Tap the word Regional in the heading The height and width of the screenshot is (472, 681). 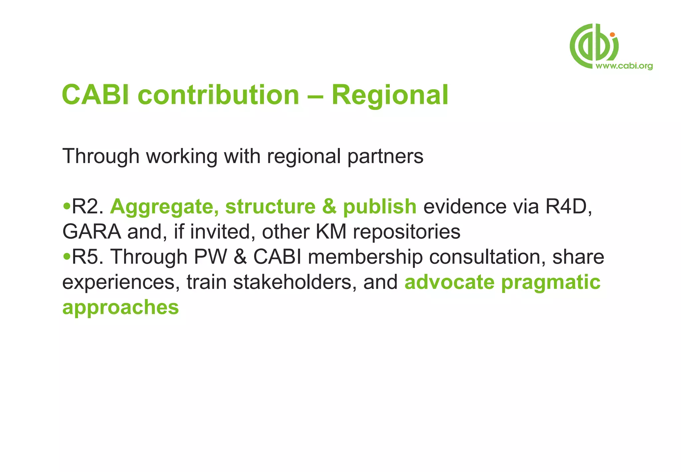(x=390, y=95)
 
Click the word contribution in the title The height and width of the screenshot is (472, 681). (x=218, y=95)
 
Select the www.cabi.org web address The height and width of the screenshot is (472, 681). (x=624, y=66)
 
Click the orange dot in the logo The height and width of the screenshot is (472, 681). (x=612, y=35)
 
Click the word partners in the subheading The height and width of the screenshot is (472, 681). (x=385, y=156)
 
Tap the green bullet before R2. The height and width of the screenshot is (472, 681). (x=67, y=206)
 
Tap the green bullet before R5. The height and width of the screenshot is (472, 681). (x=67, y=257)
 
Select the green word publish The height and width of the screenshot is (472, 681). (x=380, y=206)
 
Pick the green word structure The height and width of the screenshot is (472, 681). (x=270, y=206)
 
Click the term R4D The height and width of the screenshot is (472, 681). (x=568, y=206)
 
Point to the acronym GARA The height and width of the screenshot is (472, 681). (x=92, y=232)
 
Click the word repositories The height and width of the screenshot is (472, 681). (x=407, y=232)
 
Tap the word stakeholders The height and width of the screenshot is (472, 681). (x=292, y=282)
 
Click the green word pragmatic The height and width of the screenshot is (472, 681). (x=551, y=283)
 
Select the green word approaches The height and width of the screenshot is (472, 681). (x=121, y=308)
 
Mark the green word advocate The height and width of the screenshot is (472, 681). (x=449, y=282)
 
